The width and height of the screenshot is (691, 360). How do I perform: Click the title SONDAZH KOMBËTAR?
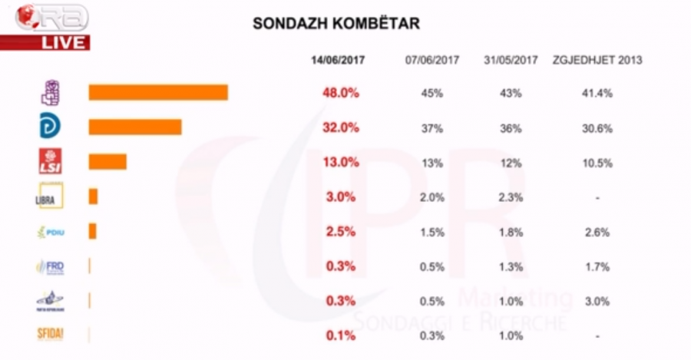point(336,24)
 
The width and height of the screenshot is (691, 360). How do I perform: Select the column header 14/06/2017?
point(338,60)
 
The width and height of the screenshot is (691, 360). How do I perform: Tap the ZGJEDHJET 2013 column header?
point(597,60)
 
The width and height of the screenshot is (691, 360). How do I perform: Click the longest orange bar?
point(158,93)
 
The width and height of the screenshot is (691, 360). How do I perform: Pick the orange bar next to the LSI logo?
point(107,161)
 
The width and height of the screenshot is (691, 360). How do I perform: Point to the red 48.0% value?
point(340,93)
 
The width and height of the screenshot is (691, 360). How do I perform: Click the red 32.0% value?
point(340,128)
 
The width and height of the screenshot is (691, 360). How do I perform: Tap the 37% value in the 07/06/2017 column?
point(432,128)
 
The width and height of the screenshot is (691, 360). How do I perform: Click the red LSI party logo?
point(51,161)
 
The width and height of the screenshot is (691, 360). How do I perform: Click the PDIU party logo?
point(51,231)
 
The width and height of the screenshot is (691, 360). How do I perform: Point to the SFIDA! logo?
point(50,334)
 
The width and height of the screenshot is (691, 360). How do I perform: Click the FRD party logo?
point(50,266)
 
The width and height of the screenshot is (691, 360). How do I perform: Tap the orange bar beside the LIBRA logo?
point(93,197)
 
